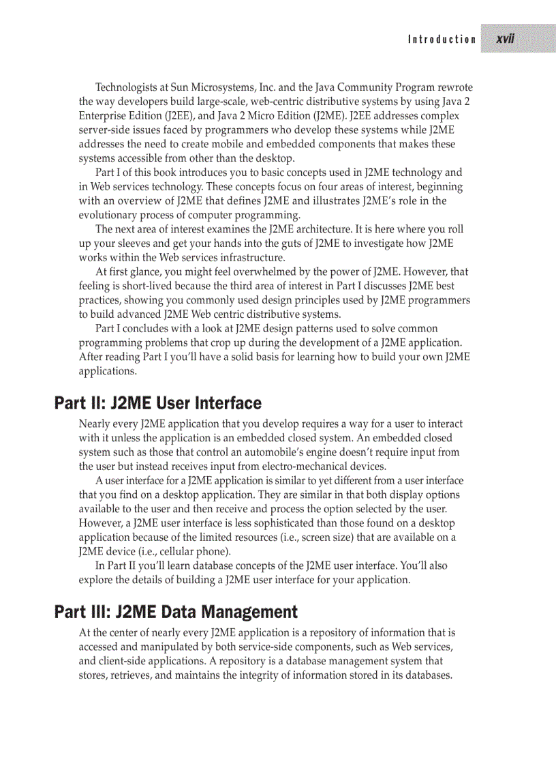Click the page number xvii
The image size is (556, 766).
point(505,39)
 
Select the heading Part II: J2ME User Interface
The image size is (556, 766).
point(158,403)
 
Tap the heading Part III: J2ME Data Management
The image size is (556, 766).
point(176,611)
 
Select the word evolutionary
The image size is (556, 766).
point(108,215)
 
